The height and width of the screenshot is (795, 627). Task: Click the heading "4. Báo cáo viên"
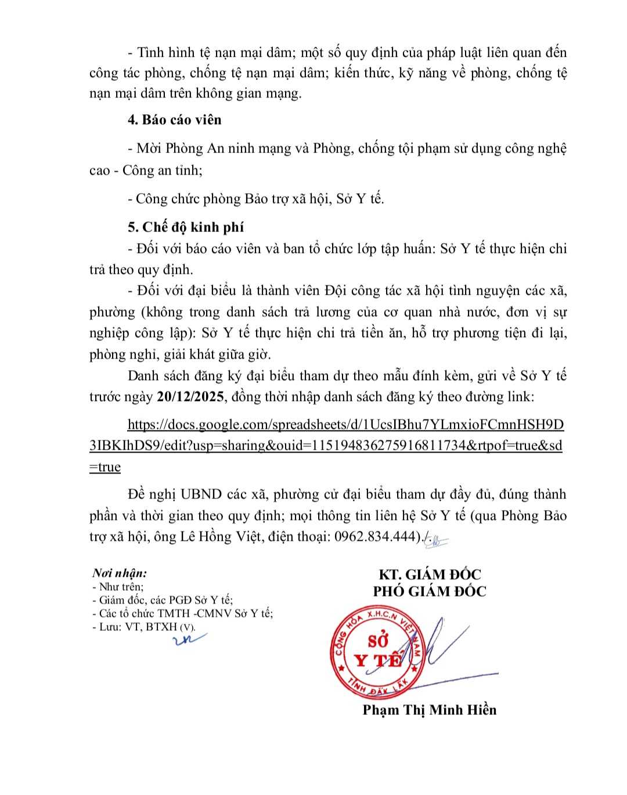click(175, 120)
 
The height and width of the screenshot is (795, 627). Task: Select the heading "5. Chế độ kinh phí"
click(186, 227)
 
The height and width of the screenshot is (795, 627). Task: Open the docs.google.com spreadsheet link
click(345, 425)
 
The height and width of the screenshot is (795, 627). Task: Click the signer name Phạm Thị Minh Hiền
click(429, 710)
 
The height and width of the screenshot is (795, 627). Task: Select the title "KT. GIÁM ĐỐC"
click(430, 574)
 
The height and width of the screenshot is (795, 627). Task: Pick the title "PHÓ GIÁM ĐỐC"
click(430, 591)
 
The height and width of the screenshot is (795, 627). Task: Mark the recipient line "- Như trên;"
click(118, 587)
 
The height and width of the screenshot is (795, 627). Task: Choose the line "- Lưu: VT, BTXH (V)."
click(144, 627)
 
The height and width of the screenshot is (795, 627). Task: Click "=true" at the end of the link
click(105, 468)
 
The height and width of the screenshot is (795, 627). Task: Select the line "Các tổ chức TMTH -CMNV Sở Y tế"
click(183, 613)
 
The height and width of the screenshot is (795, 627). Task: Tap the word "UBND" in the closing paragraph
click(201, 494)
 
